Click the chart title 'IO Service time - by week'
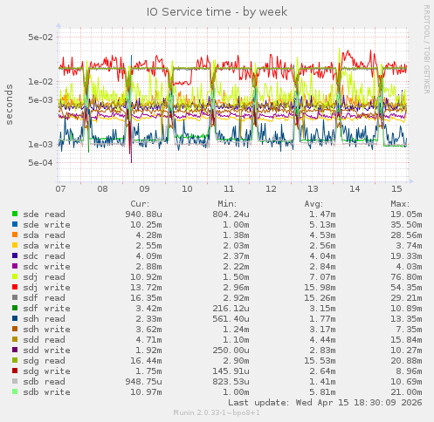(x=217, y=11)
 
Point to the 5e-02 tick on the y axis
(x=40, y=37)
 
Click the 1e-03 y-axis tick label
(x=40, y=145)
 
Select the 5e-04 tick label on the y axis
(x=40, y=163)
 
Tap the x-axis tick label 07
(x=60, y=188)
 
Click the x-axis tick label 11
(x=229, y=188)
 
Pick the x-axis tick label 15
(x=396, y=188)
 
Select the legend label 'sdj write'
(x=44, y=287)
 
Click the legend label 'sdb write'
(x=46, y=391)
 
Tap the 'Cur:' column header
(x=140, y=203)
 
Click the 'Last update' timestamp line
(x=325, y=402)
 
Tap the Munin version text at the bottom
(x=217, y=412)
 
